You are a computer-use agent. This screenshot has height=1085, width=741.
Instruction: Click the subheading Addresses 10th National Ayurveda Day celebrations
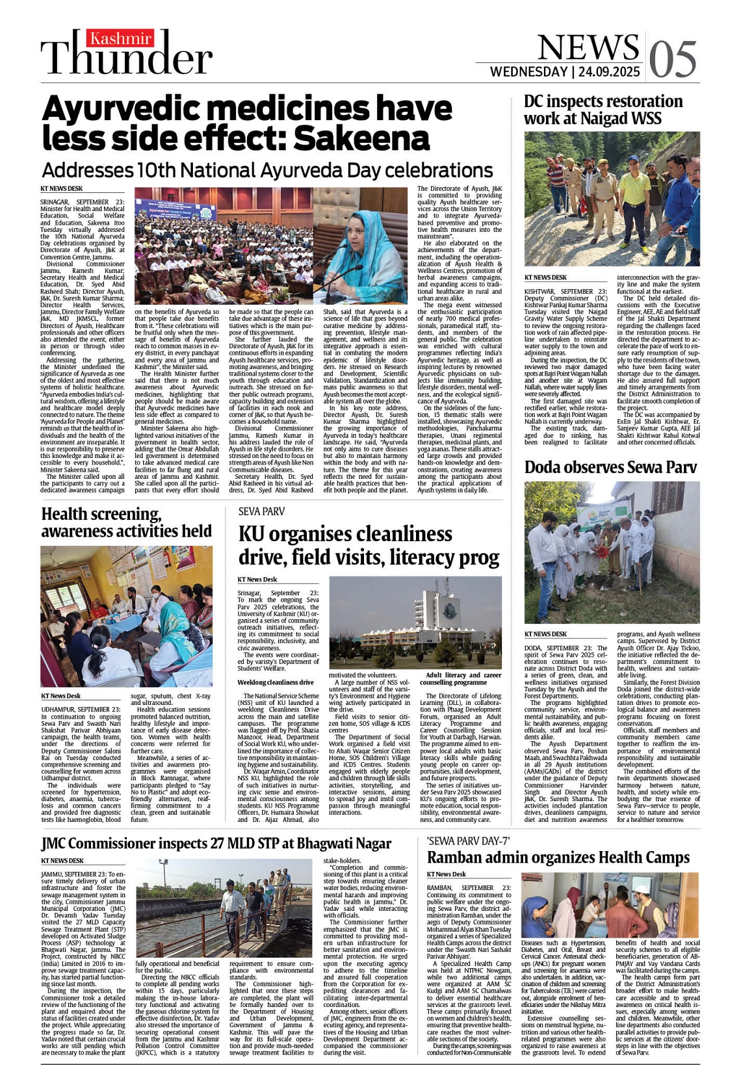pyautogui.click(x=266, y=170)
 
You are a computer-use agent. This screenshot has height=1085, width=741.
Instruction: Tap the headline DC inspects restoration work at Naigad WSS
pyautogui.click(x=603, y=110)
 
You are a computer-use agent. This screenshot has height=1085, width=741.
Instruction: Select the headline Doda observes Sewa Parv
pyautogui.click(x=610, y=466)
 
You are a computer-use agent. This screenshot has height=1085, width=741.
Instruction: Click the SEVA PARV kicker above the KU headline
pyautogui.click(x=262, y=511)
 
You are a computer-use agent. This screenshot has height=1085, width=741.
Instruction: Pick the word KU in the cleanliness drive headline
pyautogui.click(x=252, y=534)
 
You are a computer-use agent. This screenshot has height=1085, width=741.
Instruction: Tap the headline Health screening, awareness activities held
pyautogui.click(x=126, y=522)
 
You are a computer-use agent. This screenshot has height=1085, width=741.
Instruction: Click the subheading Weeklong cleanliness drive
pyautogui.click(x=276, y=682)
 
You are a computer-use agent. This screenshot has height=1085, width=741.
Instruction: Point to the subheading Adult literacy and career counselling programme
pyautogui.click(x=463, y=679)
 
